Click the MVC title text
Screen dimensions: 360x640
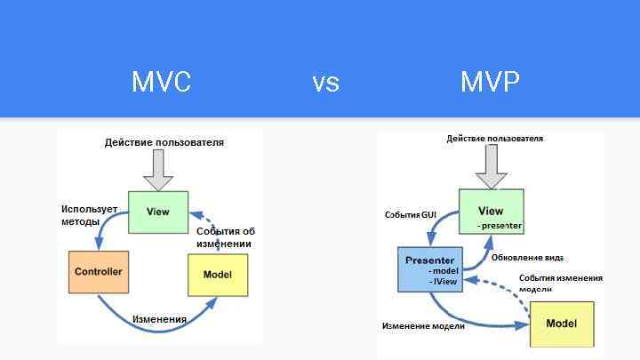point(161,82)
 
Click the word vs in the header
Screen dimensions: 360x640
point(325,83)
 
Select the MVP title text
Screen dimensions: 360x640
point(490,82)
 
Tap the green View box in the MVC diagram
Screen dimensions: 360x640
point(158,212)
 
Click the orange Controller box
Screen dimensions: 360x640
point(99,272)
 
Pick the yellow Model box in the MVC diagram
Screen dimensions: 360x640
point(218,275)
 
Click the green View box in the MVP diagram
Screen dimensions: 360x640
point(491,212)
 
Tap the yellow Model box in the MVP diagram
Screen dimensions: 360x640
point(562,324)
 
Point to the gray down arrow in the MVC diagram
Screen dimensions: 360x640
point(158,170)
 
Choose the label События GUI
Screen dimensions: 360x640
point(411,215)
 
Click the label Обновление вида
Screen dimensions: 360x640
point(527,258)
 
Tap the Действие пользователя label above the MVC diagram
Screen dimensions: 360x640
point(164,142)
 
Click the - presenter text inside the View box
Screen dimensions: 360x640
point(499,226)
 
